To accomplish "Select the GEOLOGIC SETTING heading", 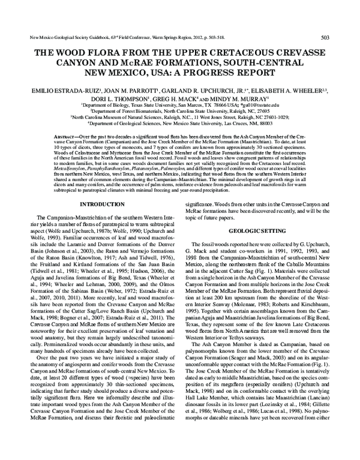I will (263, 230).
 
